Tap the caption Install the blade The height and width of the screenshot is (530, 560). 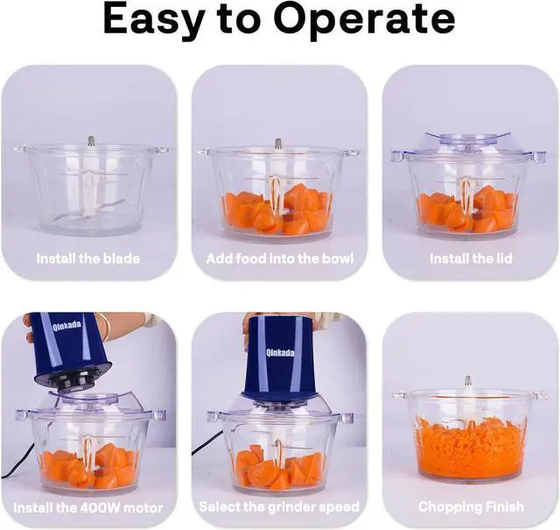pos(87,258)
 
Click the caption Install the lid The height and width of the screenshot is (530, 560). pos(471,258)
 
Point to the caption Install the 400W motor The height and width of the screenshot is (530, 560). pos(87,506)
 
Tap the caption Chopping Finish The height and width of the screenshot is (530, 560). pos(471,506)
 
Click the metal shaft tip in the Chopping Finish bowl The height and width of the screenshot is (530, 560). pos(468,382)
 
